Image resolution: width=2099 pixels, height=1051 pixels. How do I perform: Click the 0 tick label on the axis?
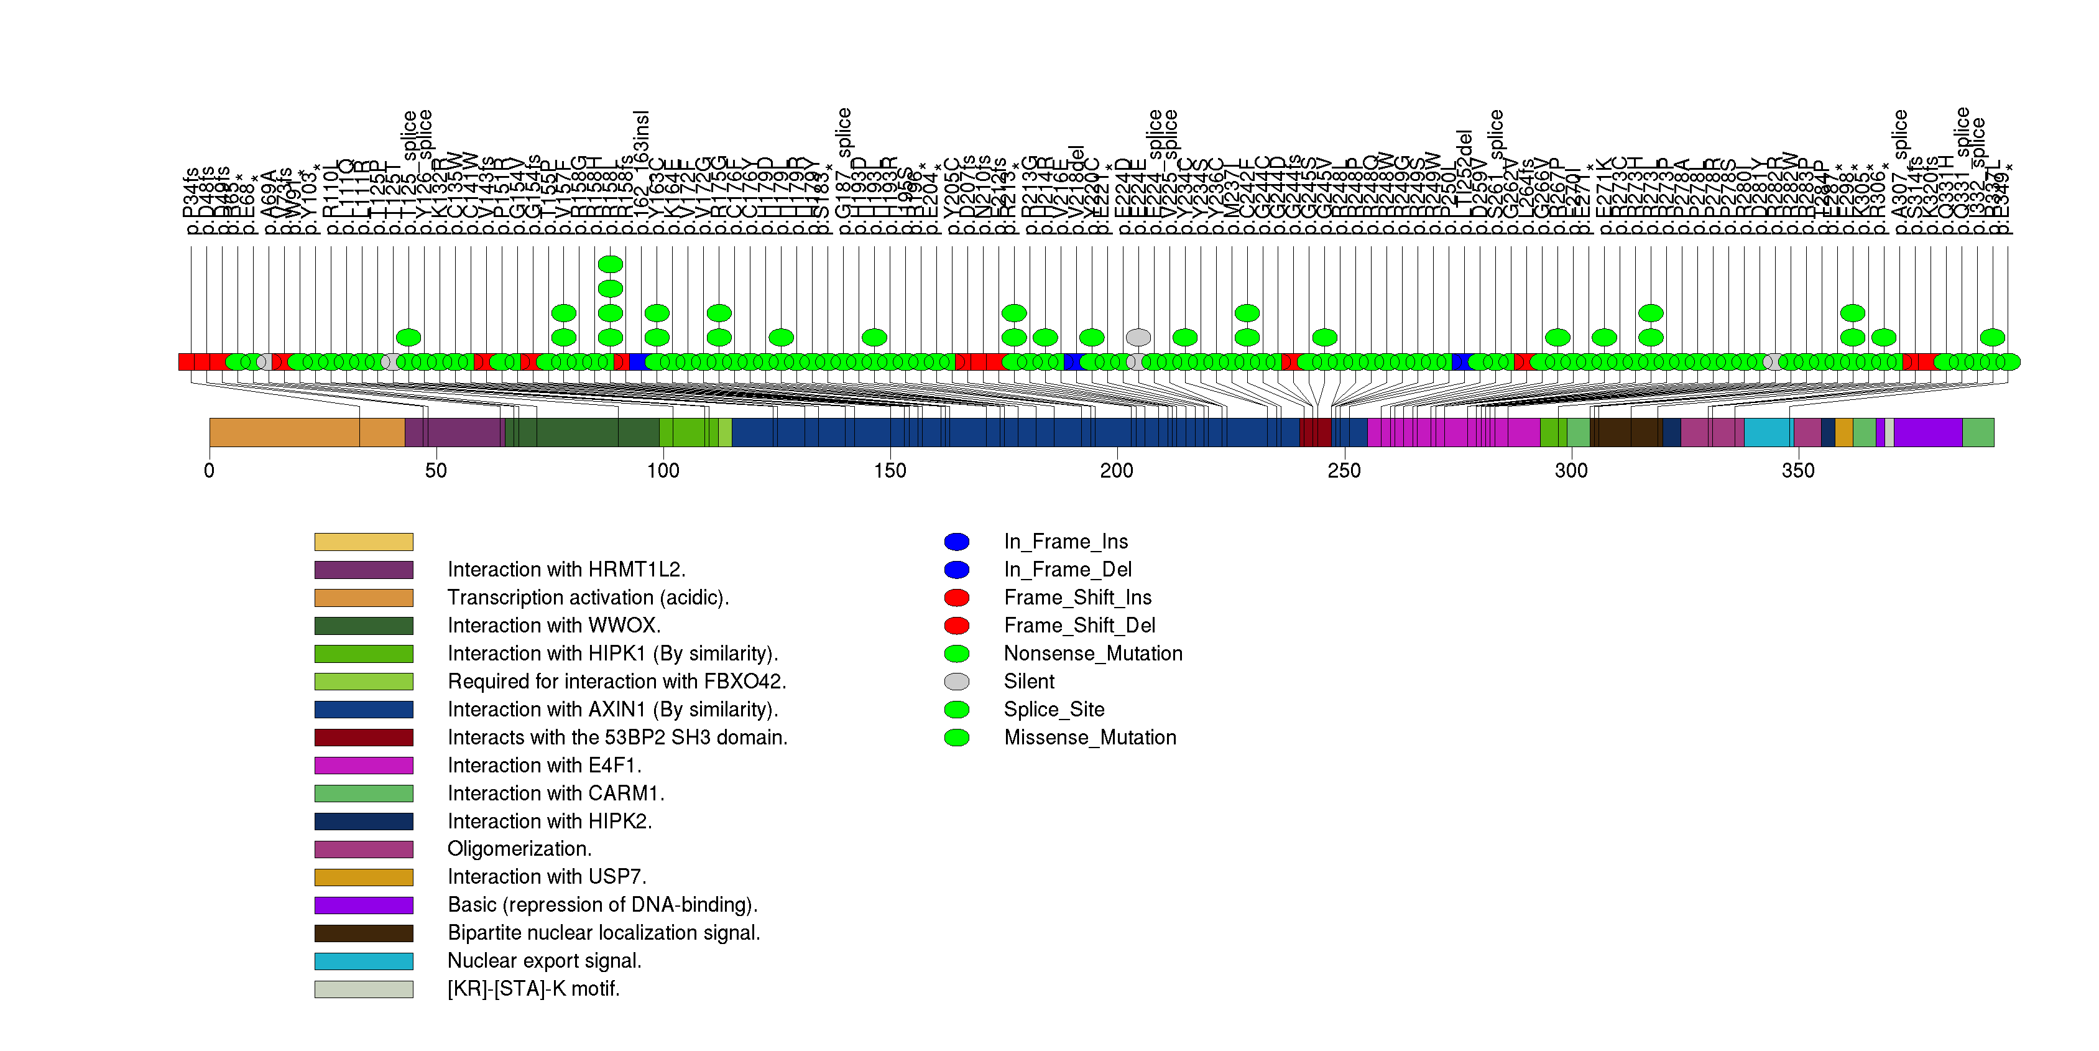click(210, 471)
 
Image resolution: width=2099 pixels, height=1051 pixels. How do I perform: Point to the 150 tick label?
click(890, 471)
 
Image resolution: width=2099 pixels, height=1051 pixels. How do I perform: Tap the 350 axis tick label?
click(1797, 471)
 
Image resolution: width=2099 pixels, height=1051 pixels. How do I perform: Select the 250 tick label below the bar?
click(1344, 471)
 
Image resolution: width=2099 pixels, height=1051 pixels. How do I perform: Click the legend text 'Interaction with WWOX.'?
click(554, 625)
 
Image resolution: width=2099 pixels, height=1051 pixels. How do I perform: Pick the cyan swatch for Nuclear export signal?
click(364, 961)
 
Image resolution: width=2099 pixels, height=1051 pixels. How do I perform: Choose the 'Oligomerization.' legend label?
click(519, 848)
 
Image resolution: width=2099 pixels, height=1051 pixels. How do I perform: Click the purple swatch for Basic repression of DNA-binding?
click(364, 905)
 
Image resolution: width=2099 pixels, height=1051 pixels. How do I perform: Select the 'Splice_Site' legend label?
click(1054, 709)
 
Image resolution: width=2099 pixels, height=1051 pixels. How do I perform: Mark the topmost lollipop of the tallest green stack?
click(611, 264)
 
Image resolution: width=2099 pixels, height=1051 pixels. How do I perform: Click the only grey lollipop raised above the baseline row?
click(1138, 337)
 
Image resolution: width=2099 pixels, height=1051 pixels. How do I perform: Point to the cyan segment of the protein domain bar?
click(1768, 433)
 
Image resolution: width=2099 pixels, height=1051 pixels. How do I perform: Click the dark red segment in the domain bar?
click(1315, 433)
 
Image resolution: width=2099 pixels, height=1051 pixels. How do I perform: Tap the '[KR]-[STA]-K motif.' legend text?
click(533, 988)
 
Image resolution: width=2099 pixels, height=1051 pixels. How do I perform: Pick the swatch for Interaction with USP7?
click(364, 877)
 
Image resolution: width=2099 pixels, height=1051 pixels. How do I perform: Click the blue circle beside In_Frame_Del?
click(957, 570)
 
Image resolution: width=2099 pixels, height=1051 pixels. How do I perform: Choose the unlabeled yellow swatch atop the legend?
click(364, 542)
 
